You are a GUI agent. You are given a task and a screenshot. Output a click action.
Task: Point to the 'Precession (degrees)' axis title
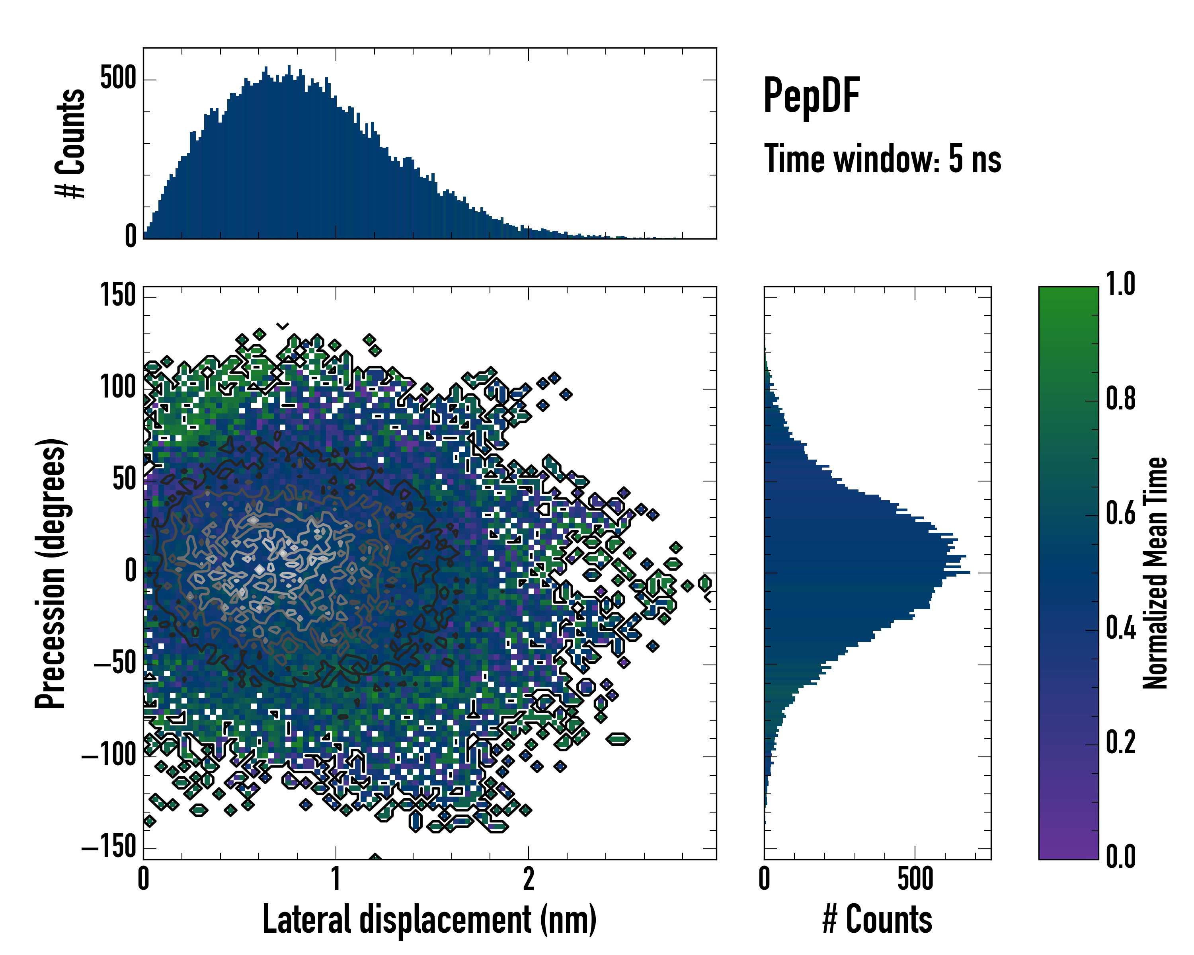pos(51,573)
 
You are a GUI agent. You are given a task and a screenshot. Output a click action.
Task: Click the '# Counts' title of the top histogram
pos(71,143)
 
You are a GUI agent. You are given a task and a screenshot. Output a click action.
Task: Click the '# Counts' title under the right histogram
pos(877,920)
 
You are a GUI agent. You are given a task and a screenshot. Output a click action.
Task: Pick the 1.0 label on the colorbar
pos(1120,284)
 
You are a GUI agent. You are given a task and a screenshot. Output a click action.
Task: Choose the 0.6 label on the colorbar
pos(1120,513)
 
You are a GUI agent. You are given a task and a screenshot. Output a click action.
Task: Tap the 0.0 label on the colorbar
pos(1120,856)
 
